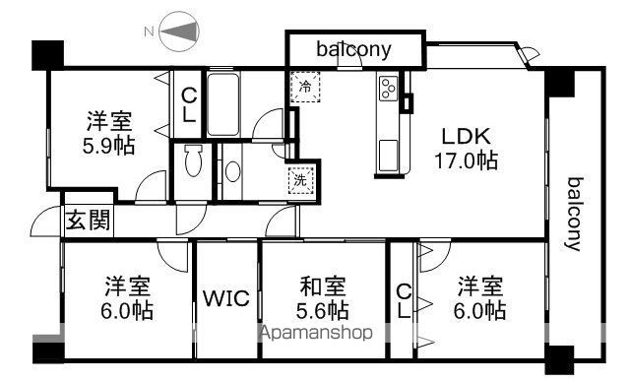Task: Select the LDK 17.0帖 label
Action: pos(466,148)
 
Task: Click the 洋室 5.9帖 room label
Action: pos(109,133)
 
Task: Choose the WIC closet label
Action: pos(226,297)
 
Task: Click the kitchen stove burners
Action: pos(388,90)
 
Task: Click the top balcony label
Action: pos(354,47)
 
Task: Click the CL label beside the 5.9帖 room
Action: pos(189,104)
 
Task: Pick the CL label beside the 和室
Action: pos(403,301)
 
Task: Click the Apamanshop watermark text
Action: pos(316,333)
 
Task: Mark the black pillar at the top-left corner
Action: pos(44,55)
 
